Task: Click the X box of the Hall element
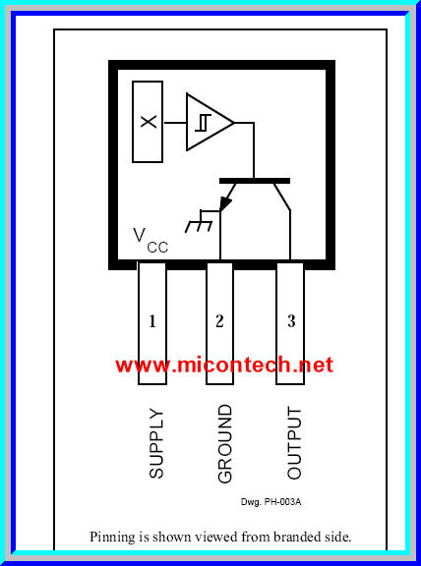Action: (x=148, y=121)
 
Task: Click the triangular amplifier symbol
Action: (x=207, y=122)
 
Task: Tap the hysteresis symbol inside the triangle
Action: (x=201, y=122)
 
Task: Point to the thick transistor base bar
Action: (x=255, y=181)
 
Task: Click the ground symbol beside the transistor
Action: (x=203, y=222)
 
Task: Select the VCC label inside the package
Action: (x=150, y=240)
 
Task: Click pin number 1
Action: (x=152, y=320)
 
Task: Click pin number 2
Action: (x=219, y=320)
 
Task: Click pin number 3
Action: (x=291, y=320)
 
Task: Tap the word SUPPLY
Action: (x=156, y=443)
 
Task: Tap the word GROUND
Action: (x=224, y=443)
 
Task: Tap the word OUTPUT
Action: (x=293, y=442)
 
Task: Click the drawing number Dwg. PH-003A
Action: (x=271, y=502)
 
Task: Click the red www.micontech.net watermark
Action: (x=224, y=365)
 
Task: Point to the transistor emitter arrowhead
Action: (x=226, y=203)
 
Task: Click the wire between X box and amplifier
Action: (x=174, y=122)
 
